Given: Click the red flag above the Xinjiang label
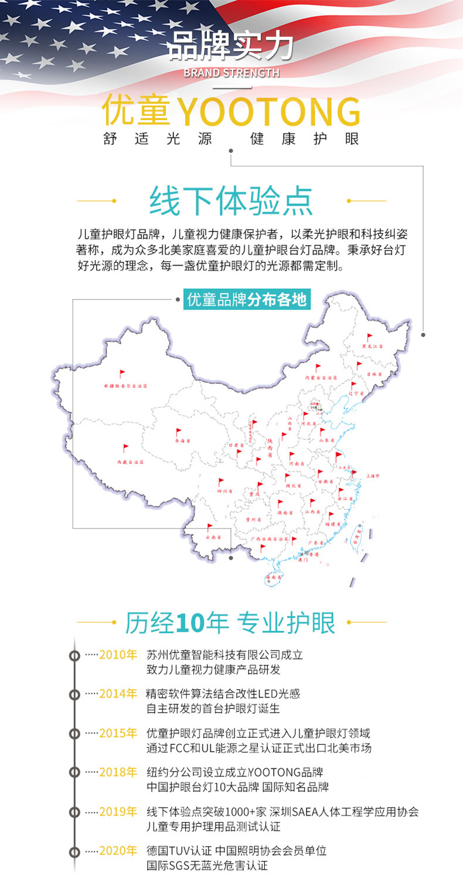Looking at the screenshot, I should (x=122, y=373).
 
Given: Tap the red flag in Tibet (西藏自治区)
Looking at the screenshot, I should (x=125, y=448).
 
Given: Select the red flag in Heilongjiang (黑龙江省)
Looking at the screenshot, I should (x=369, y=337).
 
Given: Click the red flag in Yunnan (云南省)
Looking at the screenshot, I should (x=209, y=527).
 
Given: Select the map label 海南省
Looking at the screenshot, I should (x=274, y=577).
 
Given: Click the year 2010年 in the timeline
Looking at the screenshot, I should (x=118, y=655).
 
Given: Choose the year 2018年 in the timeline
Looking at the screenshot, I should (x=118, y=772).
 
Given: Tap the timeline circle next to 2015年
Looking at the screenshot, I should (x=74, y=734).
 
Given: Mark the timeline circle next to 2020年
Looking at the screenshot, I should (x=74, y=851).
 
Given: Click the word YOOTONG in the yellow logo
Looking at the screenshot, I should (x=268, y=111).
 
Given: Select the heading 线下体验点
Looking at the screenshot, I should (x=231, y=201).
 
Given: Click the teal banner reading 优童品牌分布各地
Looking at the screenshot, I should (x=246, y=299).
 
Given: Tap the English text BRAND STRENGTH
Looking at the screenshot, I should (x=231, y=73).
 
